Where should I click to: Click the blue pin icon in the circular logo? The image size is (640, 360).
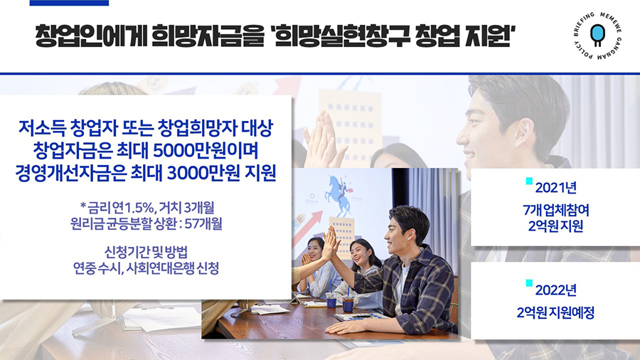click(x=597, y=34)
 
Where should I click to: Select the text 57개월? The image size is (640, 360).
click(x=203, y=223)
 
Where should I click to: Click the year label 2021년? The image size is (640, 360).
click(x=555, y=188)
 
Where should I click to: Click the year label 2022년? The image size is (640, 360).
click(x=555, y=290)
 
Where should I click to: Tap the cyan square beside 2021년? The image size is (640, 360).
click(x=529, y=181)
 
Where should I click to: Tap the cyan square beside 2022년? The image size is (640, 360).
click(x=529, y=283)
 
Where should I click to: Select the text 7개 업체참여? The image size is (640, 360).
click(x=555, y=210)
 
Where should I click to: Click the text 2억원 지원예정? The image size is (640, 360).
click(x=555, y=312)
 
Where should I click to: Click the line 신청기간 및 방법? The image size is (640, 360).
click(x=146, y=252)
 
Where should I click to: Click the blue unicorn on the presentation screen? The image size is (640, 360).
click(x=338, y=194)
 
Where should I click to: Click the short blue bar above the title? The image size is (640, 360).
click(x=70, y=3)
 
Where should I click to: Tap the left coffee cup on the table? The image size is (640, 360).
click(x=331, y=300)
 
